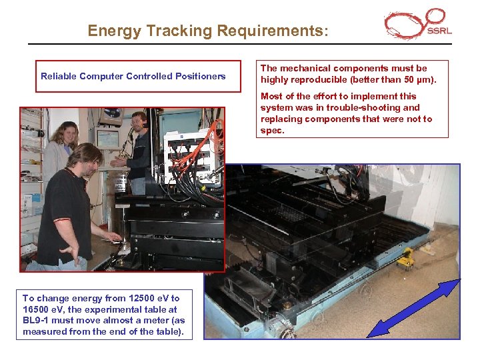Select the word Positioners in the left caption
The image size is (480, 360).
pyautogui.click(x=200, y=76)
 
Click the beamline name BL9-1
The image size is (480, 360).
pyautogui.click(x=37, y=321)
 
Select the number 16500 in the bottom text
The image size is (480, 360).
pyautogui.click(x=38, y=309)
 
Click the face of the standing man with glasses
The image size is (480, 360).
pyautogui.click(x=139, y=124)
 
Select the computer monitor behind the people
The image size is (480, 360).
pyautogui.click(x=107, y=139)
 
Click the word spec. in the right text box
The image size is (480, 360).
pyautogui.click(x=272, y=131)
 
